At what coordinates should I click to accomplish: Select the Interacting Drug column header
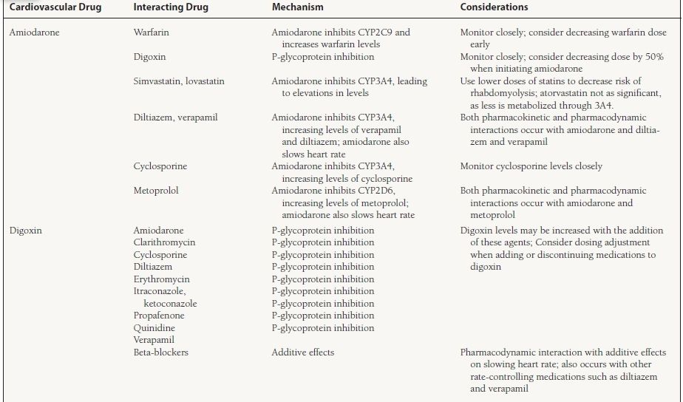[171, 7]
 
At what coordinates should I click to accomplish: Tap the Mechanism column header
[298, 7]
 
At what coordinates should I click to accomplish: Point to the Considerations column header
[494, 7]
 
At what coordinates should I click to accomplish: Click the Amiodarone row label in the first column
[34, 33]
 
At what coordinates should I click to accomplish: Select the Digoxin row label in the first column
[26, 231]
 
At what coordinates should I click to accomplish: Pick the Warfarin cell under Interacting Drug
[152, 33]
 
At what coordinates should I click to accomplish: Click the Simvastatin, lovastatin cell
[179, 81]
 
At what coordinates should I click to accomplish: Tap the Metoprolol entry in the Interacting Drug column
[156, 190]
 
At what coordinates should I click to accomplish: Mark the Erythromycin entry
[161, 279]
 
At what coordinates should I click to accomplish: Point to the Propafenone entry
[159, 316]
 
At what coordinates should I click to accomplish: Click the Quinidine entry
[154, 327]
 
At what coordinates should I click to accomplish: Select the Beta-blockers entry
[160, 352]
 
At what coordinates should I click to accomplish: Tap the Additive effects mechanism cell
[302, 352]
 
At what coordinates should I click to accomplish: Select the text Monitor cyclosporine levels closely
[531, 166]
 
